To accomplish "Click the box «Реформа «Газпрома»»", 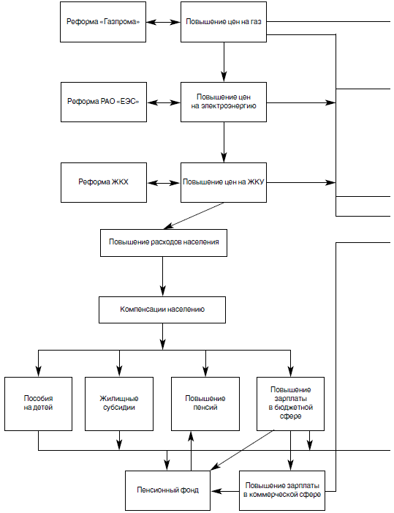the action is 103,22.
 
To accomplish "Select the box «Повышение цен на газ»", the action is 224,22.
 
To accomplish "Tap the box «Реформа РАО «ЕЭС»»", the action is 104,102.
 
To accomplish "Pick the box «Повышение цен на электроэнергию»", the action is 224,102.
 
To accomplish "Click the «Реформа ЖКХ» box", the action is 104,182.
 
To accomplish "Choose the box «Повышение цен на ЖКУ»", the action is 224,182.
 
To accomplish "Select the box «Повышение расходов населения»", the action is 164,243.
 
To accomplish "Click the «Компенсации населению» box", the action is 162,310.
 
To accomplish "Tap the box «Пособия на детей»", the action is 38,404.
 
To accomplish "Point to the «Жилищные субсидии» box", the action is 119,404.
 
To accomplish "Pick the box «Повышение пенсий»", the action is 205,404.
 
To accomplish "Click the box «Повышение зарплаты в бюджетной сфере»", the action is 290,404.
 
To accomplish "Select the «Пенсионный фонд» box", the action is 167,490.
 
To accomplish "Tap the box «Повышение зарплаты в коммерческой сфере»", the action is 282,490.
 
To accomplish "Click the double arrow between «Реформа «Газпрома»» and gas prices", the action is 163,22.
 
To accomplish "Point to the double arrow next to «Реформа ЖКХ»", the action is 164,183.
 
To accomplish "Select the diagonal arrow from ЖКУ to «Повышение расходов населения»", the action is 194,216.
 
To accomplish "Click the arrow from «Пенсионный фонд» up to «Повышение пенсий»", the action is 191,451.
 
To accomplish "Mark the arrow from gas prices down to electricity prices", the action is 224,61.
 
